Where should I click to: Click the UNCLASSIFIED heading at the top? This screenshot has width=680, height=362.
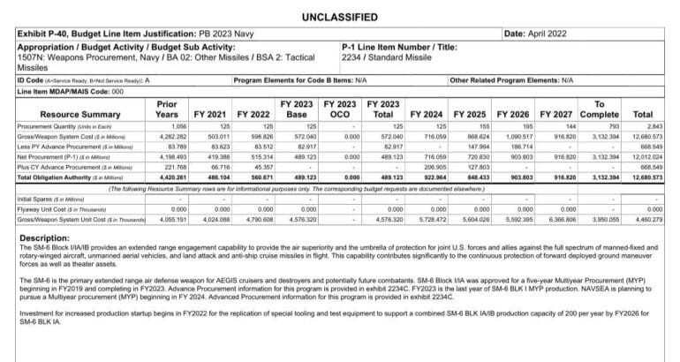[339, 17]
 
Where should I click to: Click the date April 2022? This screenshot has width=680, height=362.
[541, 34]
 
